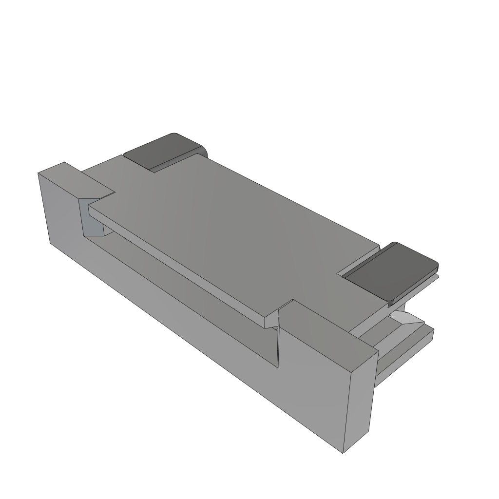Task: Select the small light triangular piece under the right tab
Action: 408,319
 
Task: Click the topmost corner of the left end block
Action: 64,162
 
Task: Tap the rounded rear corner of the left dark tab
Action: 203,149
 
